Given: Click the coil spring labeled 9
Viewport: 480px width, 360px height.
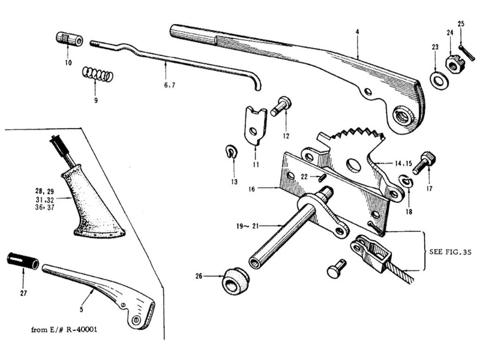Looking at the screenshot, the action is [x=98, y=74].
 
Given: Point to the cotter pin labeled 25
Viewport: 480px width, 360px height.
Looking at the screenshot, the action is [x=467, y=53].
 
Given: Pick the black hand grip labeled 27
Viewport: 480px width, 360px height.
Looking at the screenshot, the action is [x=23, y=261].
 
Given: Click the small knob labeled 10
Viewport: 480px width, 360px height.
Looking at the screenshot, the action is [x=69, y=38].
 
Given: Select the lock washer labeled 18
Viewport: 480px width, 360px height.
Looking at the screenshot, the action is [x=406, y=182].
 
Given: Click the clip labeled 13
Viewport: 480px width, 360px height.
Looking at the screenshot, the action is [x=230, y=152].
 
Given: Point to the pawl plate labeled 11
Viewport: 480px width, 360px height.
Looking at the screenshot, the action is [x=256, y=125].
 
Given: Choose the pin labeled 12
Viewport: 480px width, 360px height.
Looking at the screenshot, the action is [x=281, y=106].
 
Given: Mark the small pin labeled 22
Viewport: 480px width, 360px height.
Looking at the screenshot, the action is [x=321, y=178].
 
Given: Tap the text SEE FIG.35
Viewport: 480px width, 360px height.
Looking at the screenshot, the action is [x=450, y=252].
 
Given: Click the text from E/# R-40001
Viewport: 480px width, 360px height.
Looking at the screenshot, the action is [x=64, y=329].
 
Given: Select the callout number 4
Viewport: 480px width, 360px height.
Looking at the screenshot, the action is [x=357, y=32].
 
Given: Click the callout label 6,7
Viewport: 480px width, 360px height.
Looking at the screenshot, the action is [x=169, y=85].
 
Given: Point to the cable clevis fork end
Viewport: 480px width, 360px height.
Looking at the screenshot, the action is [x=371, y=251].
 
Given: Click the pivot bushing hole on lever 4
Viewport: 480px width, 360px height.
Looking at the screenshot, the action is [x=402, y=116].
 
